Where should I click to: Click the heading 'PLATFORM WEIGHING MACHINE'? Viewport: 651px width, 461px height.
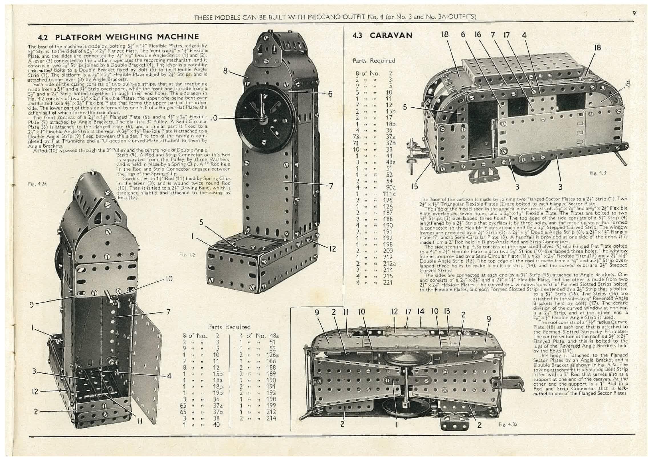point(127,37)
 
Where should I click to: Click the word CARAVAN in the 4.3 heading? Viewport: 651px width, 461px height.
point(391,35)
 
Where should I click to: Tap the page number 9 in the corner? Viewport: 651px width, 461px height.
point(634,13)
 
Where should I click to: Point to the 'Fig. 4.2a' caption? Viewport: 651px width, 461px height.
point(37,184)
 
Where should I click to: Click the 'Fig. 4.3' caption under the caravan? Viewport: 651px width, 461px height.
point(597,173)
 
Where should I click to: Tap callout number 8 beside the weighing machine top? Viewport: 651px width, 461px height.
point(225,70)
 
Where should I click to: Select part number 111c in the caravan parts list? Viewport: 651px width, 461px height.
point(389,194)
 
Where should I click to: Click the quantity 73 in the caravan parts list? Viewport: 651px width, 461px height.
point(357,137)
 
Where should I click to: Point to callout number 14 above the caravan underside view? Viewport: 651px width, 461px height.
point(420,312)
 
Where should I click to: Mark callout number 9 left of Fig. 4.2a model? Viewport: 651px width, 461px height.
point(31,304)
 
